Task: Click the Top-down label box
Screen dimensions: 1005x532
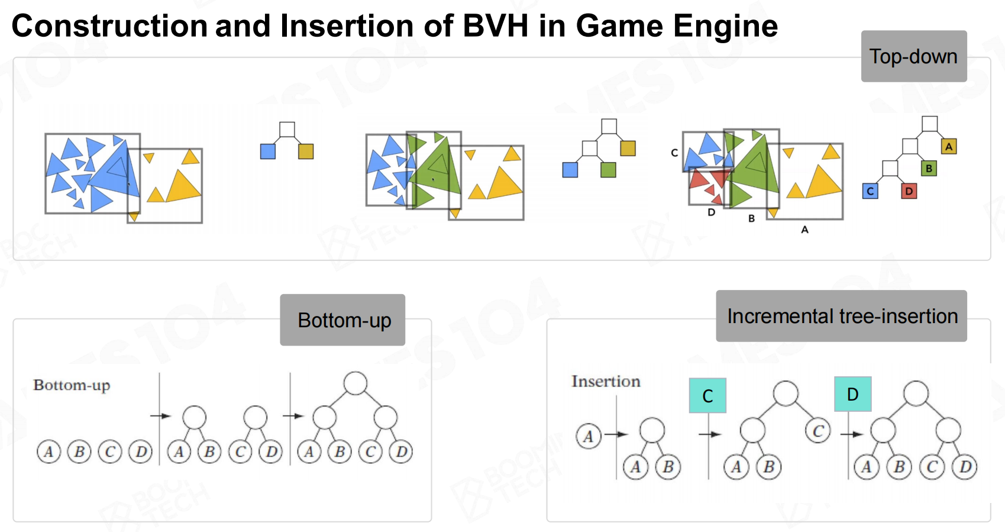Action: (914, 56)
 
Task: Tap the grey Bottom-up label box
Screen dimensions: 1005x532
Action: (342, 320)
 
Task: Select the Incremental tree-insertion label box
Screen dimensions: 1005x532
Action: (841, 316)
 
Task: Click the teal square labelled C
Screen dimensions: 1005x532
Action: (707, 395)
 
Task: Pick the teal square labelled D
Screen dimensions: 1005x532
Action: (853, 394)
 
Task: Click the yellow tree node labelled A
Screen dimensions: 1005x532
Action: (948, 146)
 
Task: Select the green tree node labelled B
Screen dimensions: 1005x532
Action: (929, 168)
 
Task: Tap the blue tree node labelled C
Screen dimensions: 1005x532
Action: (870, 191)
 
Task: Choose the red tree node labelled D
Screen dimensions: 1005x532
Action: (909, 191)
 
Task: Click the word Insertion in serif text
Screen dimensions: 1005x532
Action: (606, 381)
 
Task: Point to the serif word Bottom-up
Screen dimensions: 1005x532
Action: (72, 385)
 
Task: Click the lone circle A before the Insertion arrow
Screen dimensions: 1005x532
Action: (588, 436)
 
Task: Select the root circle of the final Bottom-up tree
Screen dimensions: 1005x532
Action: (356, 383)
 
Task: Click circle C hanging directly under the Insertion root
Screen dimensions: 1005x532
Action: (818, 431)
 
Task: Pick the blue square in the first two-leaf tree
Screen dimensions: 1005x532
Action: (268, 151)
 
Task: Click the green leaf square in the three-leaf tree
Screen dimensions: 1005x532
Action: (608, 170)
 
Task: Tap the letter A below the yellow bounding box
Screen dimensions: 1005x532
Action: (805, 230)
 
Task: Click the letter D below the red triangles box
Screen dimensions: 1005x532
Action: (711, 212)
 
